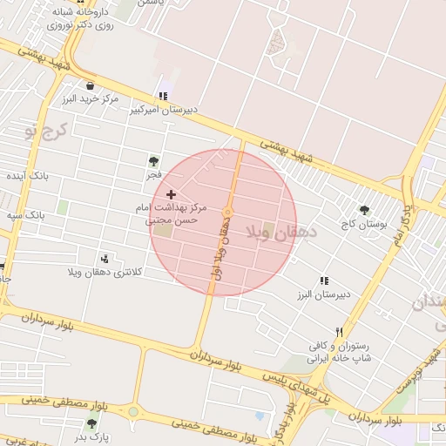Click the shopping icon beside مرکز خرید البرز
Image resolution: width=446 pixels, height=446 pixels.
[x=91, y=85]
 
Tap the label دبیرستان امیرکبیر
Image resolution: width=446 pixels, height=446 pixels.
[x=164, y=111]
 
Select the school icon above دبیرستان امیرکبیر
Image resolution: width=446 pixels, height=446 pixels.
[x=162, y=97]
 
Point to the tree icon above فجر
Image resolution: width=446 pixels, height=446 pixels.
[x=153, y=161]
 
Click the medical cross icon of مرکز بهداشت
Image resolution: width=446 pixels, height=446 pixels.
[x=171, y=193]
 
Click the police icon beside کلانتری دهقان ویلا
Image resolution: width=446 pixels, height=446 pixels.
[x=105, y=258]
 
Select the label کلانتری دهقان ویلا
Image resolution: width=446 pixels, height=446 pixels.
[x=104, y=273]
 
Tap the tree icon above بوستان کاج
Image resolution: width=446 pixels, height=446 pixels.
[x=364, y=210]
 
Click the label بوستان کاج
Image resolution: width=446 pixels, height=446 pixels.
[x=363, y=224]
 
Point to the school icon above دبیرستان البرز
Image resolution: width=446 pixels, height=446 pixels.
[x=324, y=280]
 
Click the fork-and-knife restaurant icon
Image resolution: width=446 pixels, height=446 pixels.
[x=340, y=332]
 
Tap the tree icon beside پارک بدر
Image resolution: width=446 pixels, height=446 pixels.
[x=91, y=423]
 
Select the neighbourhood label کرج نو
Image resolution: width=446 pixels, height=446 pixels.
[x=41, y=132]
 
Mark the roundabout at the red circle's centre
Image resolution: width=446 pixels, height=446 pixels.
[x=227, y=213]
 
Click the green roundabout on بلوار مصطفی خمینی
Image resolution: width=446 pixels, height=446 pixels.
[x=133, y=412]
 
